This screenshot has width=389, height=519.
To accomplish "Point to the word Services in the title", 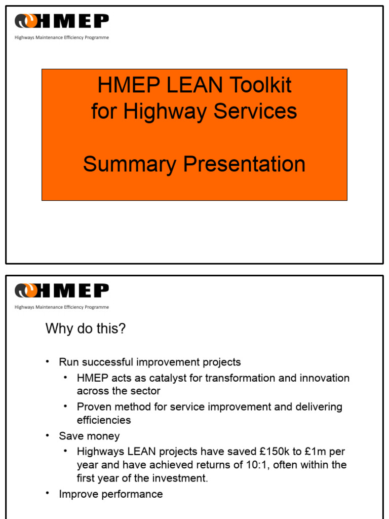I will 255,112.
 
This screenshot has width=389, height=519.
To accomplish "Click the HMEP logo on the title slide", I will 62,21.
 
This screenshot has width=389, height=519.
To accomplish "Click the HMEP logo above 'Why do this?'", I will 62,291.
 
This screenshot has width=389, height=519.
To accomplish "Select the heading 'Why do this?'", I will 86,329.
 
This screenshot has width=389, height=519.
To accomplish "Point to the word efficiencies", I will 104,420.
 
